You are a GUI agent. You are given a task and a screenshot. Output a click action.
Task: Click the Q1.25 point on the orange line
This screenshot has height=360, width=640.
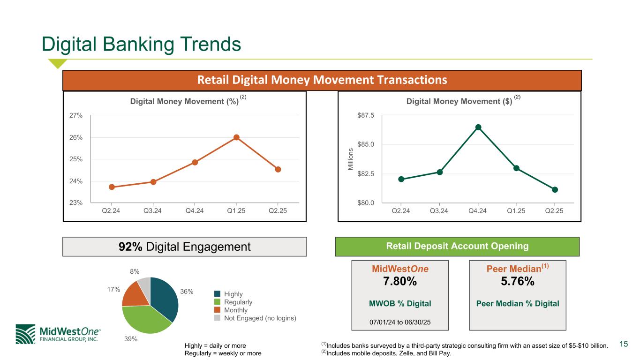click(236, 137)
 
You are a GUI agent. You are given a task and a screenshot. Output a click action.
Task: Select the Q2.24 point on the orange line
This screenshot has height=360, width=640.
click(112, 187)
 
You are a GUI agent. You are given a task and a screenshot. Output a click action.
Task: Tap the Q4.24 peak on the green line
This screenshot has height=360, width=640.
click(478, 127)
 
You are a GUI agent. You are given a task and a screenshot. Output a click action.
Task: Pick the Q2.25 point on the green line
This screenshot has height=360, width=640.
click(555, 190)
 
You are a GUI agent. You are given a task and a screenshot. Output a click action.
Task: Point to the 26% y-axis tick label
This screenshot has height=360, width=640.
click(75, 137)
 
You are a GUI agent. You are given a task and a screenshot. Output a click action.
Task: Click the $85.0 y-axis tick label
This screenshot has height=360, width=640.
click(365, 144)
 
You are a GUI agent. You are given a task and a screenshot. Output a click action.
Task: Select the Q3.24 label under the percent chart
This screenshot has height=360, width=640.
click(152, 211)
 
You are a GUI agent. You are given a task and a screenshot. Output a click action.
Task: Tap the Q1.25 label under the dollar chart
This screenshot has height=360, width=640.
click(516, 211)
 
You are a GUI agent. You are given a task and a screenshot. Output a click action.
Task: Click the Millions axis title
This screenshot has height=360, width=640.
click(350, 159)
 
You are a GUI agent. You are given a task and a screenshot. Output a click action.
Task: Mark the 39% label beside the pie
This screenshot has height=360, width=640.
click(130, 339)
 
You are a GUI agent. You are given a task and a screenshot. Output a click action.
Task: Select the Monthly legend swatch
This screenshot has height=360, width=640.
click(217, 310)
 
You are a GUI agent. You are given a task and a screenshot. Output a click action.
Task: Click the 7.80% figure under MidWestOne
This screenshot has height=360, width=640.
click(400, 281)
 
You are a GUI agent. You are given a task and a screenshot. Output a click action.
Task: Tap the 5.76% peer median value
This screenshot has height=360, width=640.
click(518, 281)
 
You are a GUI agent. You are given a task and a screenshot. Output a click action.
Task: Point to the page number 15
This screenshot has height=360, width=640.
click(624, 344)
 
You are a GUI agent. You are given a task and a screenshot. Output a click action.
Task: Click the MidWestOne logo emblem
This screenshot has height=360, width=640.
click(25, 334)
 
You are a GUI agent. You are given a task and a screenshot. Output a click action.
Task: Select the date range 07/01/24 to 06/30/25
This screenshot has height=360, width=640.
click(400, 322)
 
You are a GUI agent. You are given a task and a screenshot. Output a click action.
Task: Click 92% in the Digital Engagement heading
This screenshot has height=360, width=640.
click(130, 247)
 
